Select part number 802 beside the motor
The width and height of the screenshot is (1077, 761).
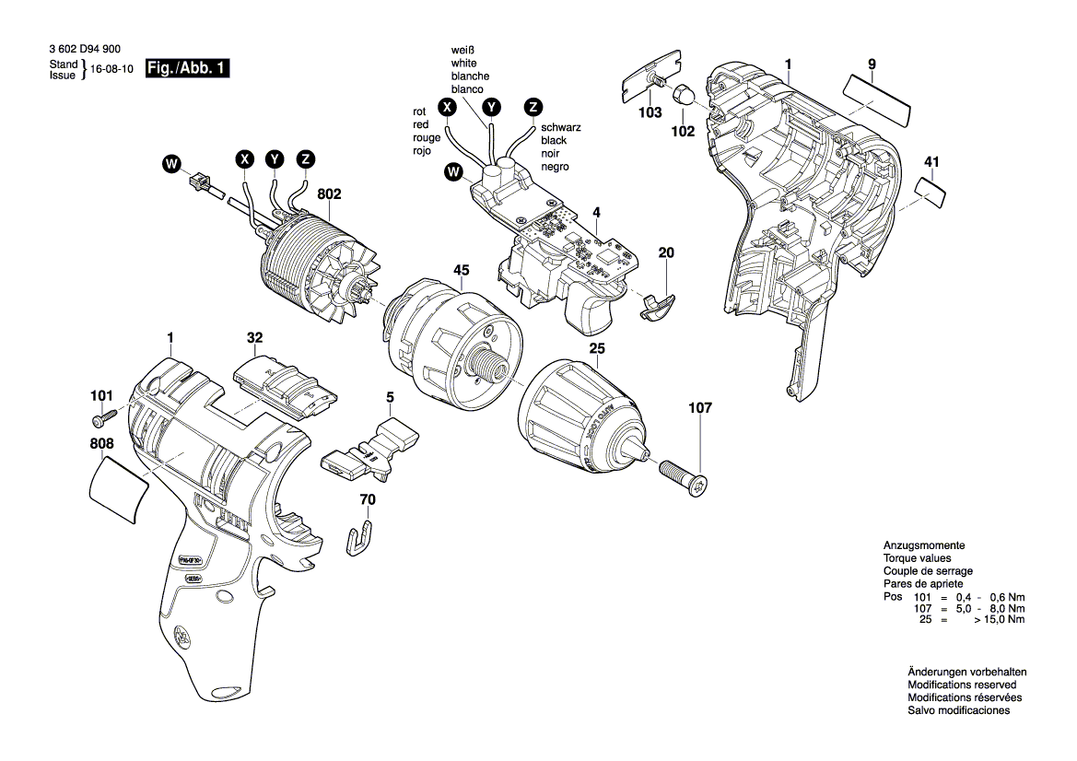pos(329,194)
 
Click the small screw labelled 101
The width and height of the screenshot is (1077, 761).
pos(103,420)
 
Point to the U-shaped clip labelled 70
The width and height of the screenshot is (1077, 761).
pos(362,537)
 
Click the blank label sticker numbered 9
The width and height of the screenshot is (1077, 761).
pos(876,98)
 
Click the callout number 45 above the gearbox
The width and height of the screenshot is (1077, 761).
pos(461,270)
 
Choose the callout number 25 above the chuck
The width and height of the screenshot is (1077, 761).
pos(597,348)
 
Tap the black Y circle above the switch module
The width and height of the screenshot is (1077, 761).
pos(492,107)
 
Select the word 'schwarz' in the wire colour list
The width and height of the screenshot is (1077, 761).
pos(560,127)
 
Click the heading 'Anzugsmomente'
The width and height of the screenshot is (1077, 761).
pos(924,545)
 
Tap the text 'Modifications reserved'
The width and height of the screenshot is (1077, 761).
pos(962,685)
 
